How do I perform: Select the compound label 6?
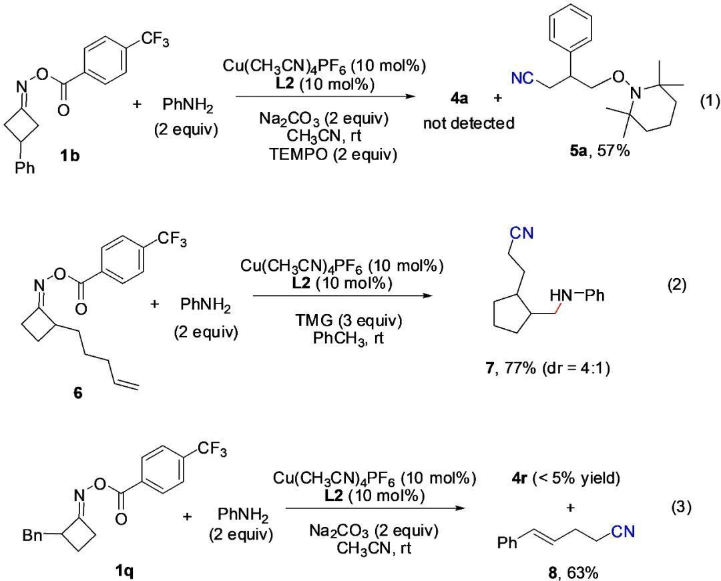[x=78, y=393]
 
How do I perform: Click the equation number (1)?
[x=708, y=102]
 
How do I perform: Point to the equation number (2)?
[x=677, y=285]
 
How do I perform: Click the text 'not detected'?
[x=469, y=123]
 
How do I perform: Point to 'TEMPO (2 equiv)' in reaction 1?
[x=333, y=154]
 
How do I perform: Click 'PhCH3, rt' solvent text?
[x=348, y=338]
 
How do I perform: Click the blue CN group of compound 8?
[x=623, y=532]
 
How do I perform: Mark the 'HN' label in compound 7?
[x=561, y=296]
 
